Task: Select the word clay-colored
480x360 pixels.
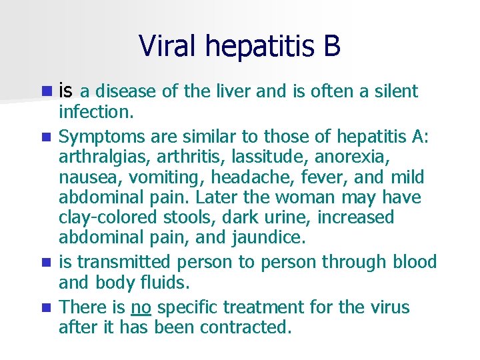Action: pyautogui.click(x=103, y=218)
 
